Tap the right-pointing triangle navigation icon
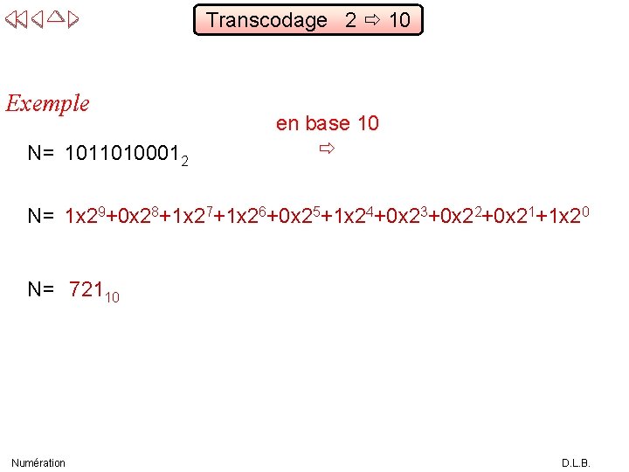pos(73,20)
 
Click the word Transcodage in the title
pos(266,20)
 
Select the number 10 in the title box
pos(399,20)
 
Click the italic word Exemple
pos(48,103)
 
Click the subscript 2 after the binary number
pos(184,161)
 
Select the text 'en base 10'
pos(327,123)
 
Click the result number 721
pos(86,290)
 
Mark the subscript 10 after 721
pos(112,298)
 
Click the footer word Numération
pos(38,462)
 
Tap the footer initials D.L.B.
pos(576,462)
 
